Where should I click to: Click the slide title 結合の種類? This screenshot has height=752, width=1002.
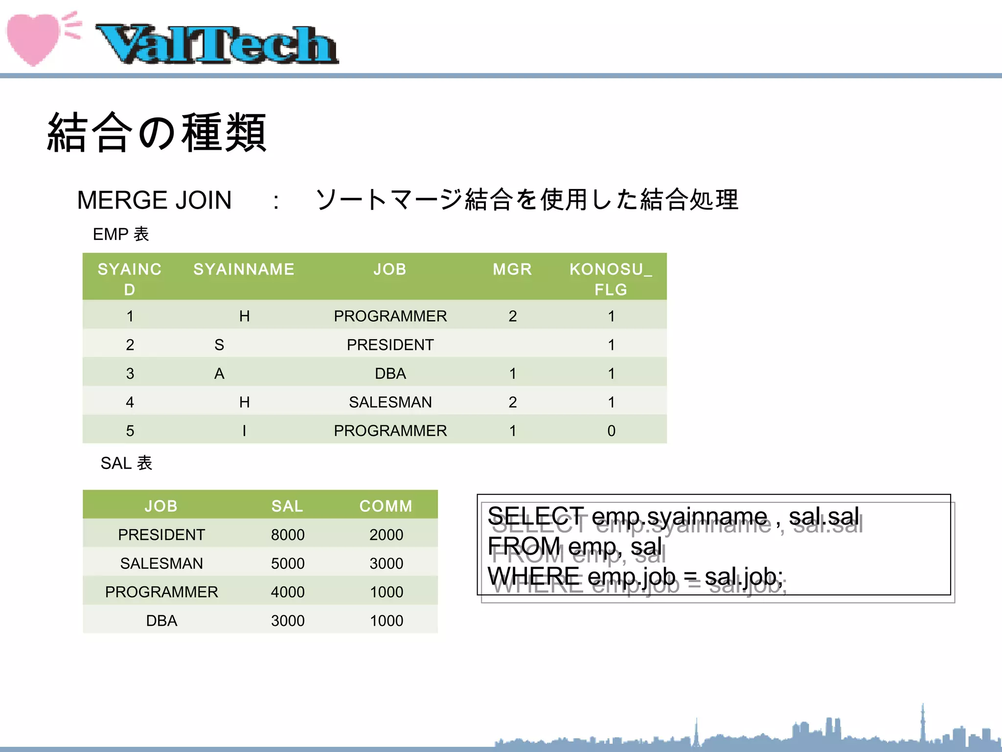(157, 132)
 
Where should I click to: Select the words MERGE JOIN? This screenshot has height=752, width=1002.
(154, 200)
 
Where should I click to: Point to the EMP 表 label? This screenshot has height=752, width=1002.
(120, 234)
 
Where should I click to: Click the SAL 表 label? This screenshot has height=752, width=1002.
(126, 463)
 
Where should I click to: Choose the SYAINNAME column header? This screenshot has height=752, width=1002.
(244, 269)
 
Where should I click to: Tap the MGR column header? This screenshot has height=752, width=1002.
(512, 269)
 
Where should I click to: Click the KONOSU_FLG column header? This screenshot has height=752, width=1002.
(611, 279)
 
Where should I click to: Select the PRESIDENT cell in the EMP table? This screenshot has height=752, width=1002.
(390, 345)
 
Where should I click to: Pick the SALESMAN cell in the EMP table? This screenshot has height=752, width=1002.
(390, 402)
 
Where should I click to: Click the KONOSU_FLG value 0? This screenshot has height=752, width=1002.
(611, 431)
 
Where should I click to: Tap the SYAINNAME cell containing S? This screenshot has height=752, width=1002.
(219, 345)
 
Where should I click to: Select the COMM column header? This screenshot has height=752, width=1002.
(386, 506)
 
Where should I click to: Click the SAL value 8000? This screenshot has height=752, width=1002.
(288, 535)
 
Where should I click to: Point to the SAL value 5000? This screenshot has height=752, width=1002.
(288, 564)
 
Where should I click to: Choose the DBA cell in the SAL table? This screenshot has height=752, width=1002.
(161, 621)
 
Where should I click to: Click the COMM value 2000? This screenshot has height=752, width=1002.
(386, 535)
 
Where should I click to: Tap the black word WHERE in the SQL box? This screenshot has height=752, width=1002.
(533, 576)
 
